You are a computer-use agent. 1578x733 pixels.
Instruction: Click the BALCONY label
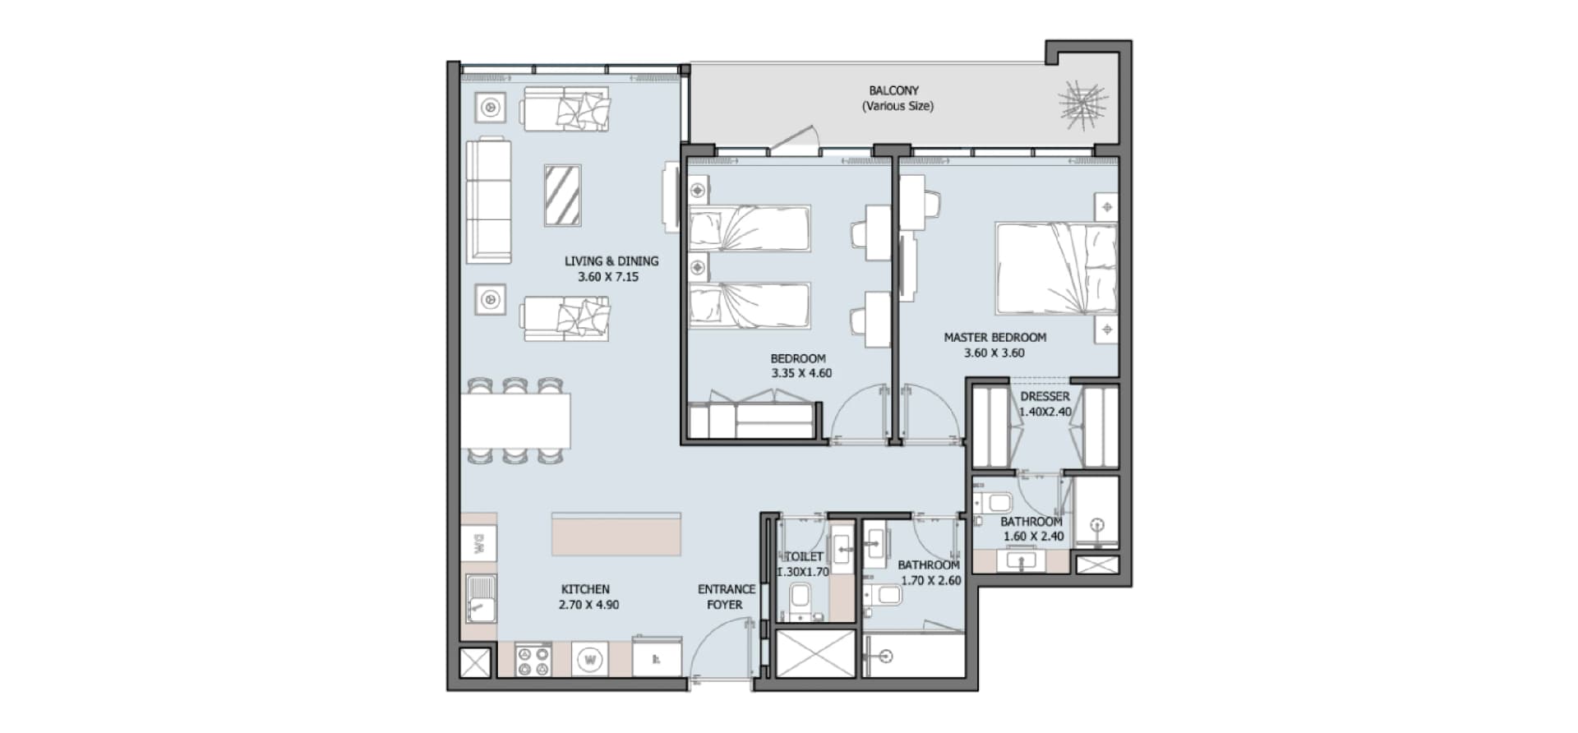893,90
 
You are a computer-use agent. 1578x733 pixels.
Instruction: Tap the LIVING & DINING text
611,261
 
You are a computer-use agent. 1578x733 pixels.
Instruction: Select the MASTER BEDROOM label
994,337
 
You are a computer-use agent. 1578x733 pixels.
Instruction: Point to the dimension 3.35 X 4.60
801,373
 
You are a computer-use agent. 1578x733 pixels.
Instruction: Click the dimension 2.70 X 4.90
588,605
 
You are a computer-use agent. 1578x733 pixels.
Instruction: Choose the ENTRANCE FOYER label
726,597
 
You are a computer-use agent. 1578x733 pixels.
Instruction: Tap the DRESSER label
1045,396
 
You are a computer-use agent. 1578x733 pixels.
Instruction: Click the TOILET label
804,556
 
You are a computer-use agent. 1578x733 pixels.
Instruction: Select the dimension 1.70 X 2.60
930,580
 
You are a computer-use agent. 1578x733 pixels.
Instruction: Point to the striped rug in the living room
563,195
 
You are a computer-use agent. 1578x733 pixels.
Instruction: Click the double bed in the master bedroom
1056,268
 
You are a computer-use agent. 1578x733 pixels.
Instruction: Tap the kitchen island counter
616,535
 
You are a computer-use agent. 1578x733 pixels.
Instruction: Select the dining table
515,420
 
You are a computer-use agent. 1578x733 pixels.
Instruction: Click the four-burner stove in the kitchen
533,660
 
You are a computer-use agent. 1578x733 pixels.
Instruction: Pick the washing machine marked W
588,659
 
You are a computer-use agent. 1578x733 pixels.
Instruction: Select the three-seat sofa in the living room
488,201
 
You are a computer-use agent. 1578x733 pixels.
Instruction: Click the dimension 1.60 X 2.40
1033,537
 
